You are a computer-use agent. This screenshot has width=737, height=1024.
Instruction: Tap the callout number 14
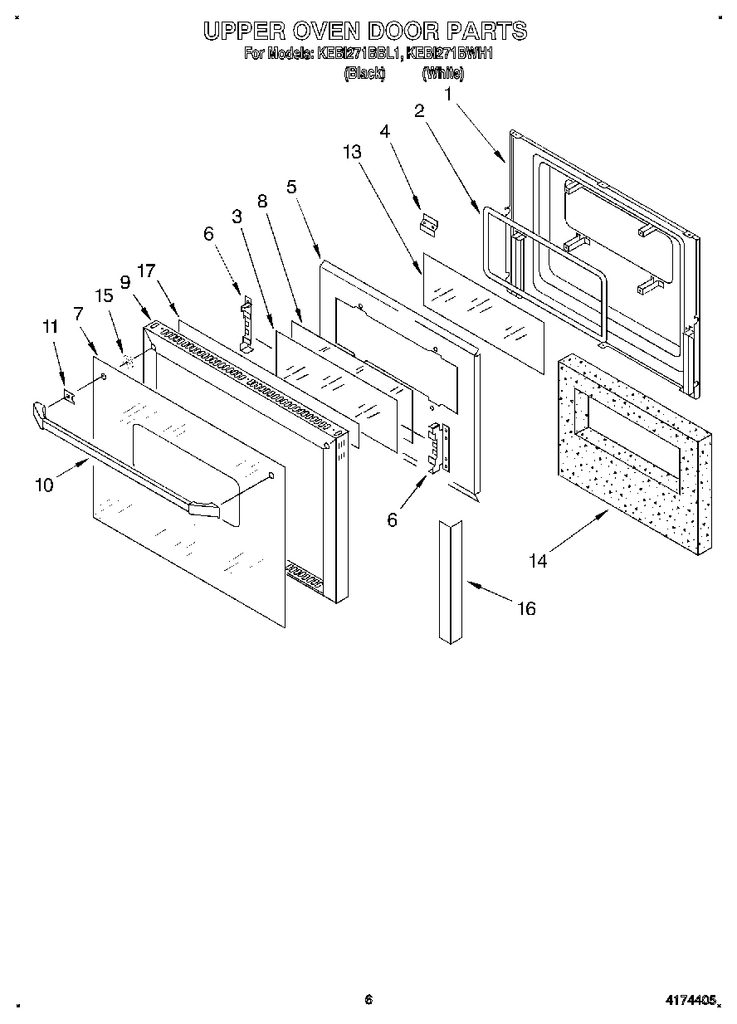tap(539, 561)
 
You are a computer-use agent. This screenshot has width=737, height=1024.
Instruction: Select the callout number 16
tap(526, 608)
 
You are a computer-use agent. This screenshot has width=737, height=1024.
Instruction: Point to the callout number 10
tap(44, 485)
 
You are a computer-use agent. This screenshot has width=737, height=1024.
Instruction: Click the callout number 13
tap(352, 152)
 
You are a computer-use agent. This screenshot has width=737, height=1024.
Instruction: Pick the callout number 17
tap(146, 271)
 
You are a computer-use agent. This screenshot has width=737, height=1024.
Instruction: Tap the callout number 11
tap(50, 327)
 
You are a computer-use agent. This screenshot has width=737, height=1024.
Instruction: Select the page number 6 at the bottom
tap(368, 1000)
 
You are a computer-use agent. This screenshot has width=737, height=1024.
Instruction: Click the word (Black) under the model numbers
tap(364, 73)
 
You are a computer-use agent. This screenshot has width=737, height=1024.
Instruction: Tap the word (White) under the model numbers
tap(442, 73)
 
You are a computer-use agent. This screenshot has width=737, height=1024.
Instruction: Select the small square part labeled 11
tap(70, 398)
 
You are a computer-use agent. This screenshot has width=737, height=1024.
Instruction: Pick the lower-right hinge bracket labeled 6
tap(437, 448)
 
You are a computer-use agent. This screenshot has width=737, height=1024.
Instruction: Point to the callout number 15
tap(104, 295)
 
